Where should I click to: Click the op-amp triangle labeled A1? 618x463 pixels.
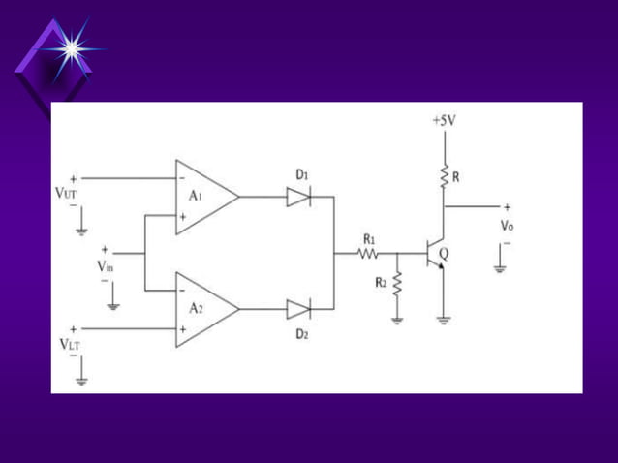(x=204, y=197)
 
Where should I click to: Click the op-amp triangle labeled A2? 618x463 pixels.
(x=204, y=309)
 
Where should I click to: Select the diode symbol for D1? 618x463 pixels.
(x=299, y=197)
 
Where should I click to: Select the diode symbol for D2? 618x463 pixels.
(x=299, y=310)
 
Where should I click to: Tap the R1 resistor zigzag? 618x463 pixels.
(x=368, y=254)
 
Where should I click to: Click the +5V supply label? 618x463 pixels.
(x=443, y=121)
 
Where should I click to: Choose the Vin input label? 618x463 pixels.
(x=105, y=264)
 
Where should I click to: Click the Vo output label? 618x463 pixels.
(x=507, y=225)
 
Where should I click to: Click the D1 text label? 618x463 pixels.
(x=302, y=174)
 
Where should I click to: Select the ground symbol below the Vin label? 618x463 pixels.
(x=113, y=304)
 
